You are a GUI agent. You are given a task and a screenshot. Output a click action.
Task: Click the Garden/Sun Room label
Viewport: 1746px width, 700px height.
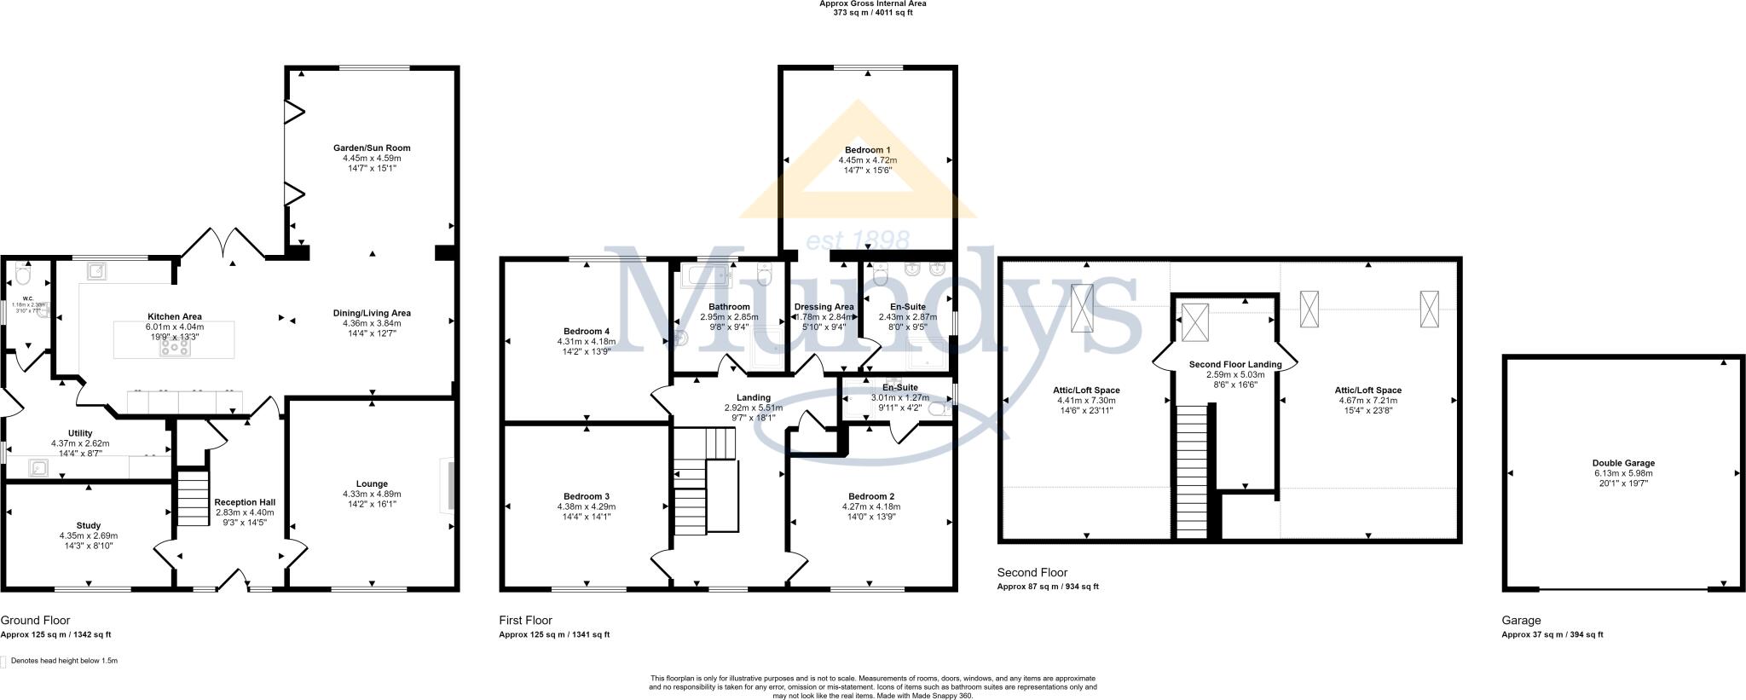[372, 148]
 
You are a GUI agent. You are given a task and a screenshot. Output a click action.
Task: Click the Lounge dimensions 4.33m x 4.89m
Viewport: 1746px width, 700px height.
[372, 494]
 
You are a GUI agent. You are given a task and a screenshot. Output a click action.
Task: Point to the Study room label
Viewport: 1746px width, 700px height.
[89, 525]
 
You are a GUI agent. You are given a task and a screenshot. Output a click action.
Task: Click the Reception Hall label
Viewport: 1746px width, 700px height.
[245, 502]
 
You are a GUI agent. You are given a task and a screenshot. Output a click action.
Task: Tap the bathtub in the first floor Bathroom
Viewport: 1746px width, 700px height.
[708, 275]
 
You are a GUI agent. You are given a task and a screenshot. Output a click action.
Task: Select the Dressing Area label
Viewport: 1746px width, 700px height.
[824, 307]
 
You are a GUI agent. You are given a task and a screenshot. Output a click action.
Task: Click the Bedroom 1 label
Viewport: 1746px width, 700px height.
[868, 149]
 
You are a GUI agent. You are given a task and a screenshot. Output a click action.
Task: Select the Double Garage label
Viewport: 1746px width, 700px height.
[1623, 464]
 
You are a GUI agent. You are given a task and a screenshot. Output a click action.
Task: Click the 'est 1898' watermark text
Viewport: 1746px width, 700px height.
[858, 240]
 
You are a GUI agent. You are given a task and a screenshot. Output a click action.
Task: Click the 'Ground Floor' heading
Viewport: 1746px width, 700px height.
[35, 621]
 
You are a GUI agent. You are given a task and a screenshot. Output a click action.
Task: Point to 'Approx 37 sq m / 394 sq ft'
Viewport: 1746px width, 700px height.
[1552, 634]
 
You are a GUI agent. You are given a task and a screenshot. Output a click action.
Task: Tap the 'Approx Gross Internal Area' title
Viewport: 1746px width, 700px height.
[872, 3]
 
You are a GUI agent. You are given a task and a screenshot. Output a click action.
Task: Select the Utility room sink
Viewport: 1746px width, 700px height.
[38, 467]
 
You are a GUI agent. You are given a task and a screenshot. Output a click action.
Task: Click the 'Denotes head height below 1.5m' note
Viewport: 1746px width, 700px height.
[64, 661]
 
